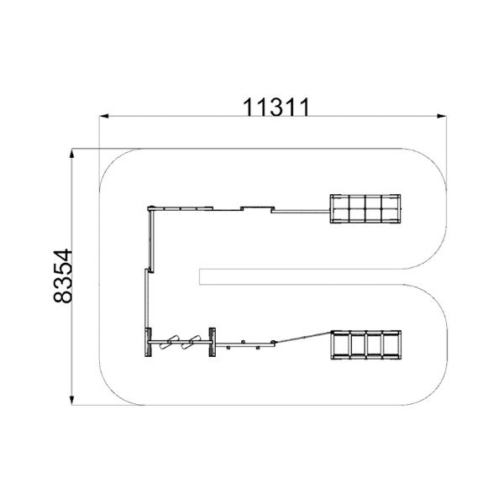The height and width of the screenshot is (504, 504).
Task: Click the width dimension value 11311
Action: click(x=276, y=107)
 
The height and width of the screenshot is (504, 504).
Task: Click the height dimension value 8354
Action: click(x=63, y=276)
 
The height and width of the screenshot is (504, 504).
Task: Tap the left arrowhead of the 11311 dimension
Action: click(x=103, y=116)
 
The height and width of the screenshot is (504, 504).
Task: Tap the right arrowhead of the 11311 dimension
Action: click(x=442, y=116)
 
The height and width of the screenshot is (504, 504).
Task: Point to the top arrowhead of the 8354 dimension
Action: click(x=72, y=154)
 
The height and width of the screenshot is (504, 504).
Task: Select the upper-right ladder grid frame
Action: click(x=365, y=208)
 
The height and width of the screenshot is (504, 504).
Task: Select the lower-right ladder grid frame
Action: click(x=365, y=344)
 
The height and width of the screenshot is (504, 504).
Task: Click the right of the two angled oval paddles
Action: click(x=191, y=343)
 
